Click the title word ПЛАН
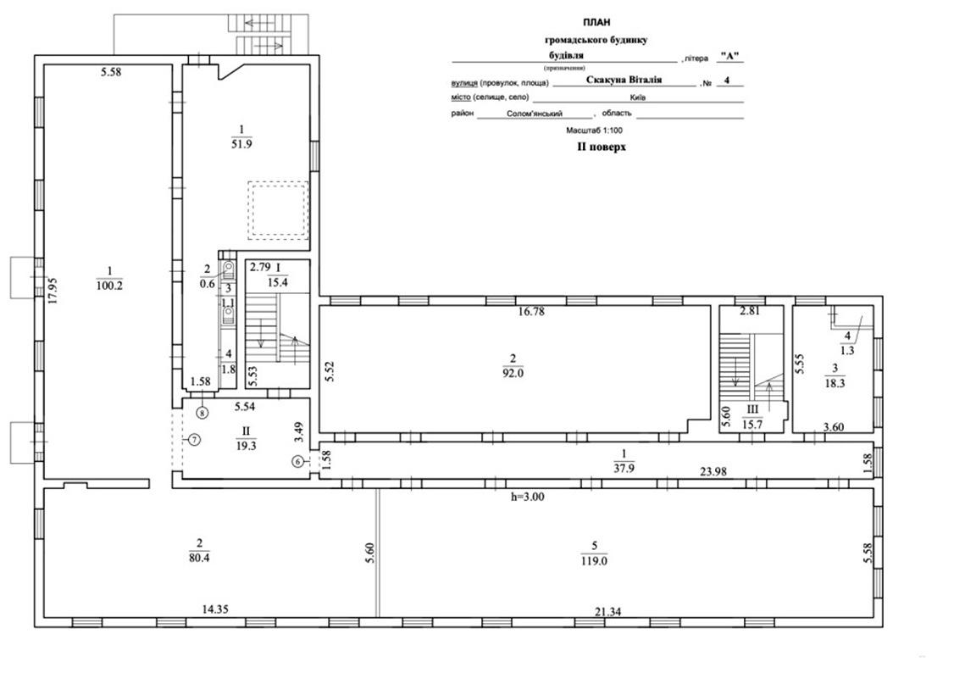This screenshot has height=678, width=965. (597, 22)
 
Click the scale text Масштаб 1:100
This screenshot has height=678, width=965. (595, 131)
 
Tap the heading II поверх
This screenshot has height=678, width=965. (602, 147)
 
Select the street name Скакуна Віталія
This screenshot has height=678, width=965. (624, 80)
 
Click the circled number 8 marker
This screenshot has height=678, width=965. (202, 412)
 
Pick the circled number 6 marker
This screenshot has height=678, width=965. (298, 461)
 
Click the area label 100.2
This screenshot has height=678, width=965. (109, 286)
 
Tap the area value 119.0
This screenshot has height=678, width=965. (594, 561)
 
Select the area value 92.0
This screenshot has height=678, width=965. (513, 373)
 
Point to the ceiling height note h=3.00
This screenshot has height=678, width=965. (527, 497)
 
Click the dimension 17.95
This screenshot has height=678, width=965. (53, 291)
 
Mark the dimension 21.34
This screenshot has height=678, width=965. (607, 612)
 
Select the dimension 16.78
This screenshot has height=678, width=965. (531, 312)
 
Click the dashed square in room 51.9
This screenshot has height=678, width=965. (278, 211)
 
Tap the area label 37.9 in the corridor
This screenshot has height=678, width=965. (624, 468)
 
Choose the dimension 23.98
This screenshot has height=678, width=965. (713, 472)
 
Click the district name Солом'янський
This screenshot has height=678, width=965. (535, 114)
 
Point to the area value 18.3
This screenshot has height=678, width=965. (835, 382)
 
